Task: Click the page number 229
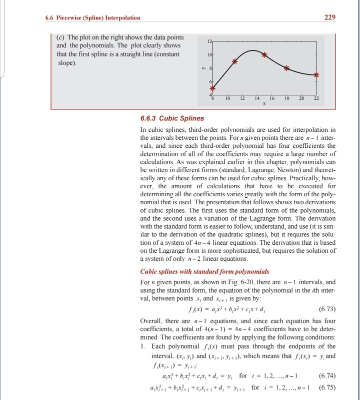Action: click(x=329, y=18)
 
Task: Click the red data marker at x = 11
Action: click(x=235, y=61)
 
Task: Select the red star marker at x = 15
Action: click(x=264, y=54)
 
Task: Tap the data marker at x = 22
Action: click(x=316, y=75)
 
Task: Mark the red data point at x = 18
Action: click(x=286, y=68)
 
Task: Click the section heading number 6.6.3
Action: click(x=149, y=118)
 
